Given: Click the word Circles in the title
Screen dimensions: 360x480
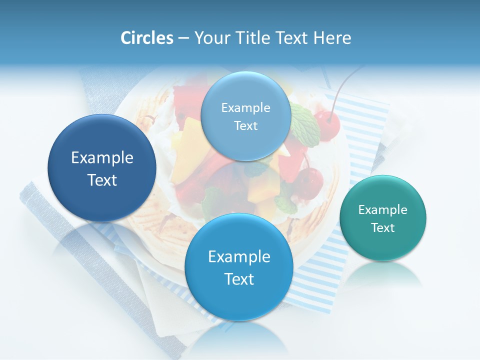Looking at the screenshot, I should coord(146,38).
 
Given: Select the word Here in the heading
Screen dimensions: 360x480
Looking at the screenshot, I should coord(332,38).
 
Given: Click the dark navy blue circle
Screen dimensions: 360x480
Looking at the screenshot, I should coord(102,168).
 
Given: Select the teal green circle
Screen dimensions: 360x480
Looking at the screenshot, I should coord(383,218).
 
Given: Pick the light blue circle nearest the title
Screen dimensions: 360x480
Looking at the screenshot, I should coord(245,116).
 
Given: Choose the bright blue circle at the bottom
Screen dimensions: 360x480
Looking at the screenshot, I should coord(239,267).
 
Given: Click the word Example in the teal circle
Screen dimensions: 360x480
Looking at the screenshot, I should coord(383,209).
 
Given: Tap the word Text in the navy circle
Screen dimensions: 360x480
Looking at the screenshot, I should coord(102,180).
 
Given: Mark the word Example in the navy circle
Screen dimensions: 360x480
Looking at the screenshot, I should coord(102,158).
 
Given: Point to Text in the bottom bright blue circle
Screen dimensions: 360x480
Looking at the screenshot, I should coord(239,279).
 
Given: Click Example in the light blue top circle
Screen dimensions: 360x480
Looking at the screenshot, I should coord(245,107).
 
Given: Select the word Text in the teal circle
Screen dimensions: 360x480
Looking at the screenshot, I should coord(383,228).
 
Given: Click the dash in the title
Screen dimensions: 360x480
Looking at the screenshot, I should coord(183,38).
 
